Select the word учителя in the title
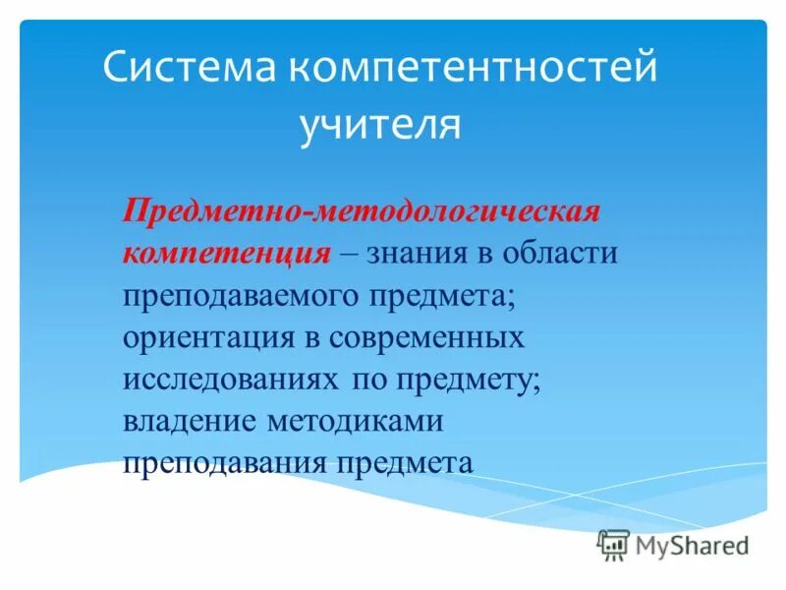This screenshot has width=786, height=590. tap(379, 126)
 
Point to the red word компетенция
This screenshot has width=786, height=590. tap(226, 253)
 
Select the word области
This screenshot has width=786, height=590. tap(561, 253)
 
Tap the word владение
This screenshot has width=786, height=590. tap(190, 421)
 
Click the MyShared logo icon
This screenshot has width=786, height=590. tap(613, 544)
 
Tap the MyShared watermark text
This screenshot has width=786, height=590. tap(692, 544)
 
